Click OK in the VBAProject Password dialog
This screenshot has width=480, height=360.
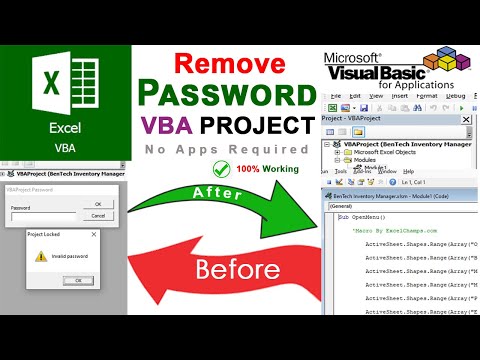pyautogui.click(x=97, y=204)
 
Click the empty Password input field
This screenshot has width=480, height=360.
pyautogui.click(x=41, y=215)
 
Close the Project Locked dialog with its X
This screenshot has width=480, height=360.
pyautogui.click(x=95, y=233)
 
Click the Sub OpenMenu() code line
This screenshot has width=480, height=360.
pyautogui.click(x=361, y=216)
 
